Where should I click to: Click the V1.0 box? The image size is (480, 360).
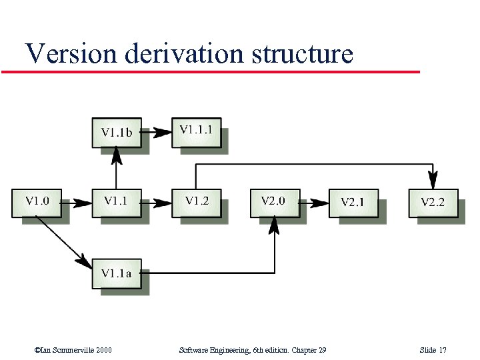37,203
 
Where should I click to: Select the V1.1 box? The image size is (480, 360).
116,203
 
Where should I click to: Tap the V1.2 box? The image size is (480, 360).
196,203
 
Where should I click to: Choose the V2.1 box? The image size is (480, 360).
353,203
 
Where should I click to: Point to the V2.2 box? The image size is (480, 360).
433,203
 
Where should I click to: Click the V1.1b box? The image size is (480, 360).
116,132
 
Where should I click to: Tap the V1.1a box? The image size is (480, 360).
116,273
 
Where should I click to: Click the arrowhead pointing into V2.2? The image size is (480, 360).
433,180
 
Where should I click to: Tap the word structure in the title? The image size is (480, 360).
302,53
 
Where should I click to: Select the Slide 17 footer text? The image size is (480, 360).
433,350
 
